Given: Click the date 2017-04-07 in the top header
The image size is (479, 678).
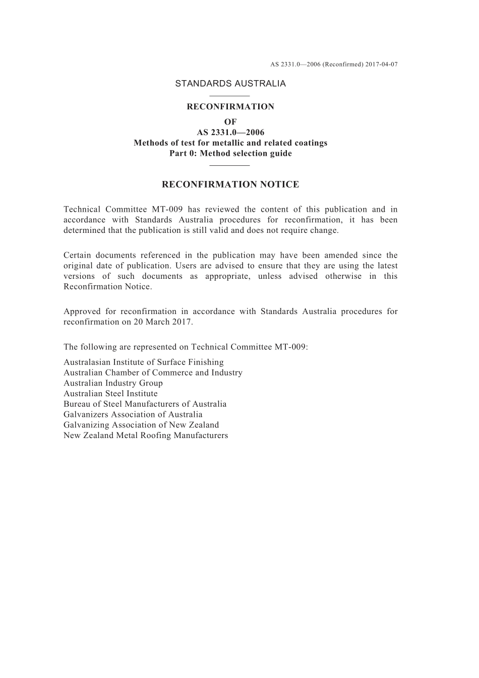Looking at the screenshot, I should (x=382, y=65).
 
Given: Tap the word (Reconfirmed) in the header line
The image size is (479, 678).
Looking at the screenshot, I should (x=343, y=65).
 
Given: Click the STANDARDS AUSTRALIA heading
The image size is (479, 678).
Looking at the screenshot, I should (x=230, y=84).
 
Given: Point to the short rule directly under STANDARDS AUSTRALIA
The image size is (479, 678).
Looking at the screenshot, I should (x=229, y=96).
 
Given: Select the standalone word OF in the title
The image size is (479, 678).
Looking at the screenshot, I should (x=230, y=122).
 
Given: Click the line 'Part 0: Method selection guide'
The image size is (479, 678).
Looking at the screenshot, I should (x=230, y=154).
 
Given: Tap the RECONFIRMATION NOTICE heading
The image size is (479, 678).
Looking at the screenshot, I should (x=230, y=184).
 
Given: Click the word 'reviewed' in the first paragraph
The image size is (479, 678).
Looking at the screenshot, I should (x=219, y=210).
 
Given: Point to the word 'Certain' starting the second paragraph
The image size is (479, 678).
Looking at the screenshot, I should (x=76, y=256).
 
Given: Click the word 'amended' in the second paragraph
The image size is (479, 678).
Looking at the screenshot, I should (x=340, y=256).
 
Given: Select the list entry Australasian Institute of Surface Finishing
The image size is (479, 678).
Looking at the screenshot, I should (x=144, y=362).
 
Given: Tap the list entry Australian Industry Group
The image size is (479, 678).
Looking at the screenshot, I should (x=113, y=383).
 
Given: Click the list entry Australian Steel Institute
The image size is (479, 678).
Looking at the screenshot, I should (x=110, y=394).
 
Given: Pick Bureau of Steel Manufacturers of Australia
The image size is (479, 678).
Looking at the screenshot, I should (x=145, y=404).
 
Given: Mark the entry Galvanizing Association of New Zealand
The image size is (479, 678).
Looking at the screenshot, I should (x=141, y=425).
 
